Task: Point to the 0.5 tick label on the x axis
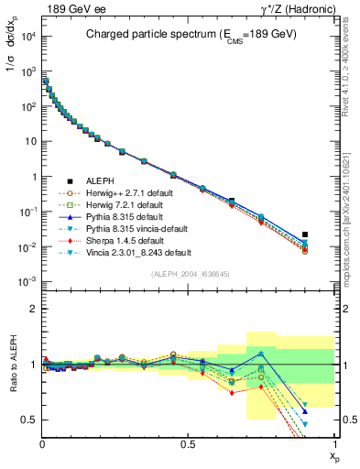point(188,443)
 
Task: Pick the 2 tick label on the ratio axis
point(33,310)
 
